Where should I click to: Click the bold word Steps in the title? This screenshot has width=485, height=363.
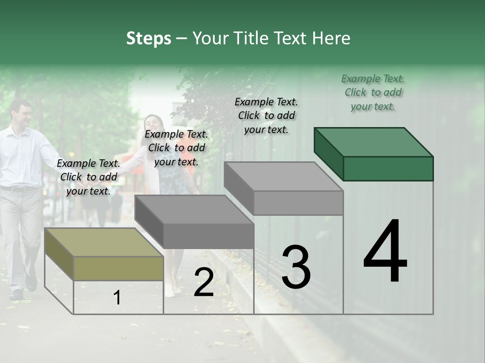149,38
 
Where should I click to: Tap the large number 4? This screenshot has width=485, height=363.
385,252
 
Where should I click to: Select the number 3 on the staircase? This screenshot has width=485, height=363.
296,267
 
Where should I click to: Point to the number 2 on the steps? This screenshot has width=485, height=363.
204,282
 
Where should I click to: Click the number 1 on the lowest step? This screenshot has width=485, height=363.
117,297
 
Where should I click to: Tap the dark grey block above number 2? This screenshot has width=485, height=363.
195,222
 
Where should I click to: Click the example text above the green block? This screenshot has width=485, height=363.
373,92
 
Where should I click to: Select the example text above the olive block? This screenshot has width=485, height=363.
88,177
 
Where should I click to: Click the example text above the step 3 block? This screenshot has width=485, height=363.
266,115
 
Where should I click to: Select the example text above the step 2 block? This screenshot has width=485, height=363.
176,148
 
